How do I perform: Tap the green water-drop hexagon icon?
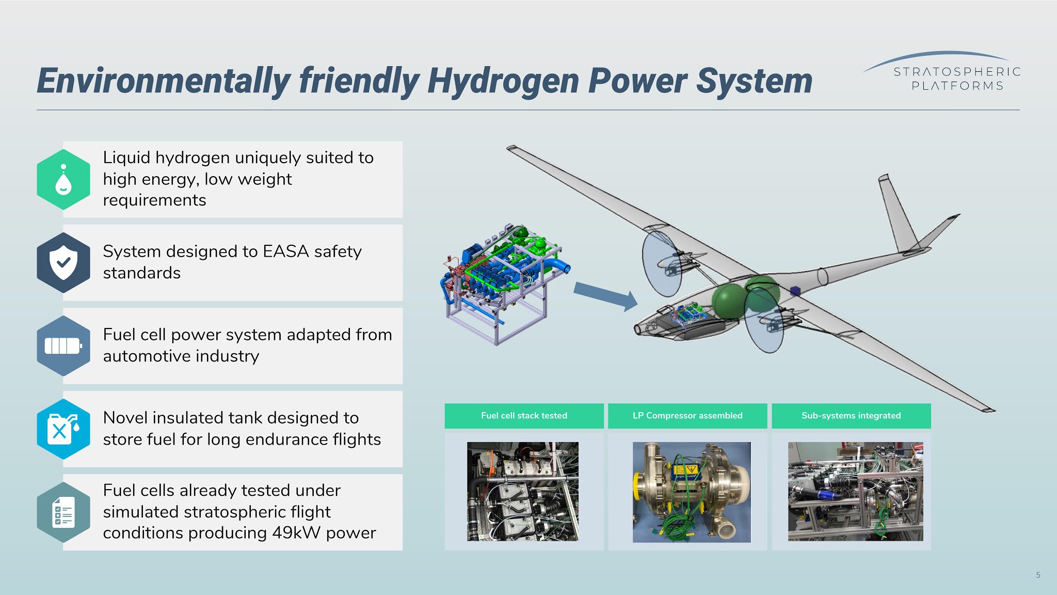63,179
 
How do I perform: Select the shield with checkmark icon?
63,262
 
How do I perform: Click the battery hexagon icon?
63,346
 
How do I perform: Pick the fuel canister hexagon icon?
63,429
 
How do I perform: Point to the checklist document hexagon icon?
63,512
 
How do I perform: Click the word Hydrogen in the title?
503,82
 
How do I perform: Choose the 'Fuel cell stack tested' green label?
524,416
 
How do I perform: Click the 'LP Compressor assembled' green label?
687,416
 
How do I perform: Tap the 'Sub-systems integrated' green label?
851,416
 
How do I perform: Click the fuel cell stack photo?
523,491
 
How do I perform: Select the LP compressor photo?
692,492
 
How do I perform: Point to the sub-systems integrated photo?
855,491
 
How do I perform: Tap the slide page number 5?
1038,575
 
